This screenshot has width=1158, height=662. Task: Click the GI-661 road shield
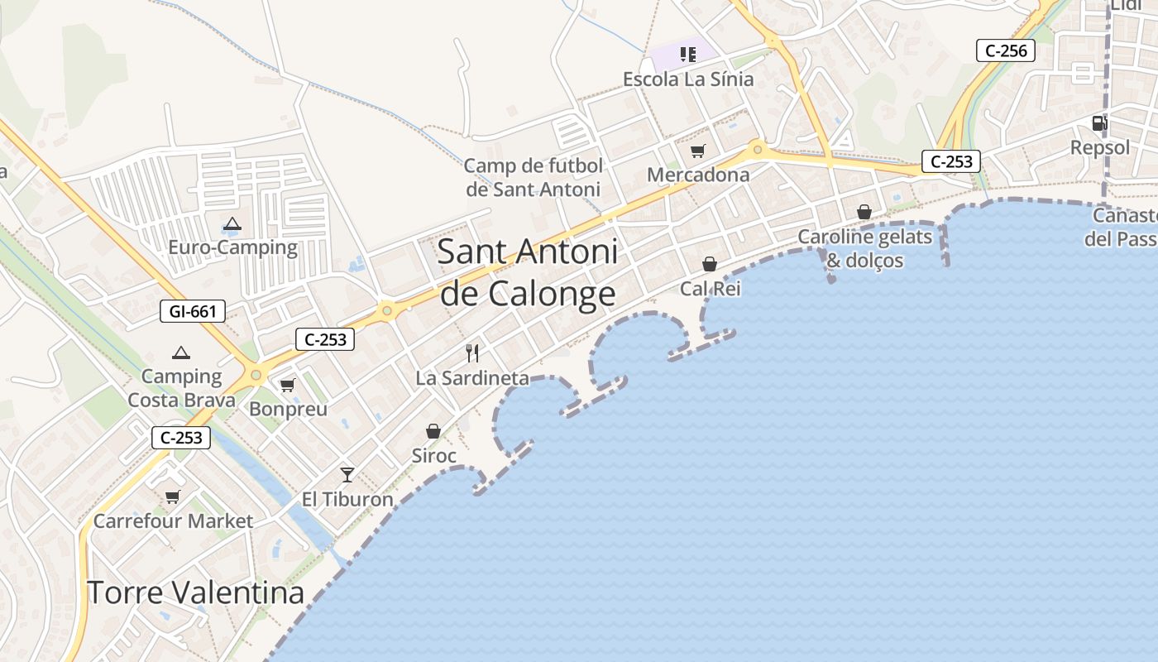tap(193, 312)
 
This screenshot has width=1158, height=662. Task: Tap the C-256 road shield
tap(1006, 50)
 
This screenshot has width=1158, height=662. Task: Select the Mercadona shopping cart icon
tap(697, 151)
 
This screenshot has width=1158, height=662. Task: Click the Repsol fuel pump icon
tap(1099, 123)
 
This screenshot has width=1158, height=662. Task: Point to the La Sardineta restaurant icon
tap(472, 353)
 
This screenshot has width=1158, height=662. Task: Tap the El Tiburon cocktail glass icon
tap(347, 474)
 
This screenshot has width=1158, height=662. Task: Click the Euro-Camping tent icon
tap(232, 223)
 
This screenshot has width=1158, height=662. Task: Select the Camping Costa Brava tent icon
tap(180, 353)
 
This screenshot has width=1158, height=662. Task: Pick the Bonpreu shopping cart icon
tap(288, 385)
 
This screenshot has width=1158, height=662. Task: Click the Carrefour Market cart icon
tap(172, 496)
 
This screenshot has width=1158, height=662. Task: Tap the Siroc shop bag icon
tap(433, 431)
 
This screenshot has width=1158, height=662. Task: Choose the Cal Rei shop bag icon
tap(710, 264)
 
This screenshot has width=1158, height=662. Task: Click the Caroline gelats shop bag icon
tap(864, 212)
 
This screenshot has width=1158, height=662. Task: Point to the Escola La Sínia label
tap(688, 79)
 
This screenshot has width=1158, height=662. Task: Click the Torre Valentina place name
tap(195, 592)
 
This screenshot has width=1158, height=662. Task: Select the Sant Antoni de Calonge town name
tap(528, 271)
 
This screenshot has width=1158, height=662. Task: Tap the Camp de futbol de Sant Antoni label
tap(534, 177)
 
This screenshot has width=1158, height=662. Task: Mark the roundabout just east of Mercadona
tap(757, 151)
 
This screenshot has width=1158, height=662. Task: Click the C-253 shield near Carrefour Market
tap(181, 438)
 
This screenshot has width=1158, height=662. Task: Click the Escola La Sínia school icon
tap(687, 55)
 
